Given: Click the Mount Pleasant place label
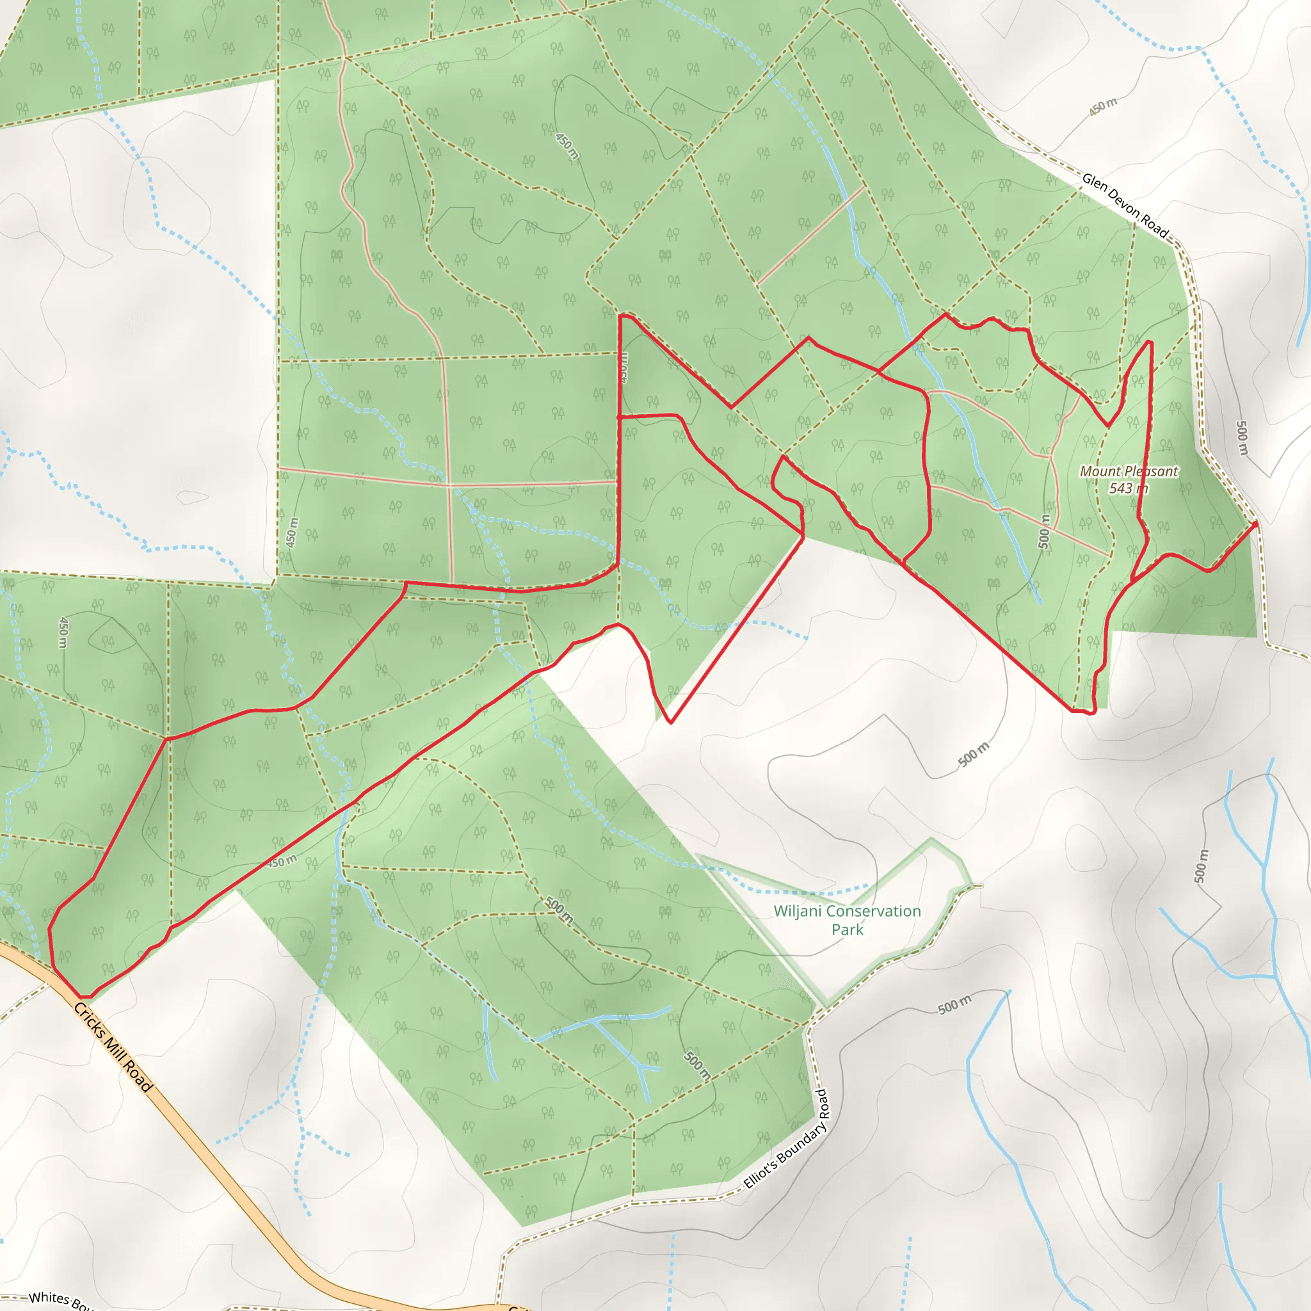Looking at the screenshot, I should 1129,471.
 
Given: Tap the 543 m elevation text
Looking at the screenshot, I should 1129,488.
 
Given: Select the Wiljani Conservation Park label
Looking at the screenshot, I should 847,920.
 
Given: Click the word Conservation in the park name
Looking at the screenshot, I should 863,912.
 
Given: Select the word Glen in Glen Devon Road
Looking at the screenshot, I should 1094,182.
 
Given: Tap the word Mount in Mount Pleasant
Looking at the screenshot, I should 1100,471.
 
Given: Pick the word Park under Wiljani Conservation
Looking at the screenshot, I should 847,929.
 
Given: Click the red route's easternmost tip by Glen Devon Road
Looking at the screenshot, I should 1256,524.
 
